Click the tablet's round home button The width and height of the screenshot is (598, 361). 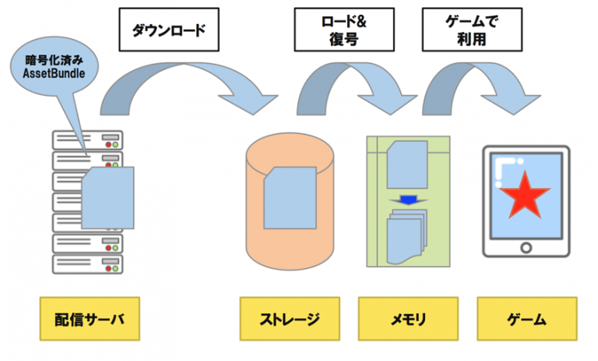pos(526,247)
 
